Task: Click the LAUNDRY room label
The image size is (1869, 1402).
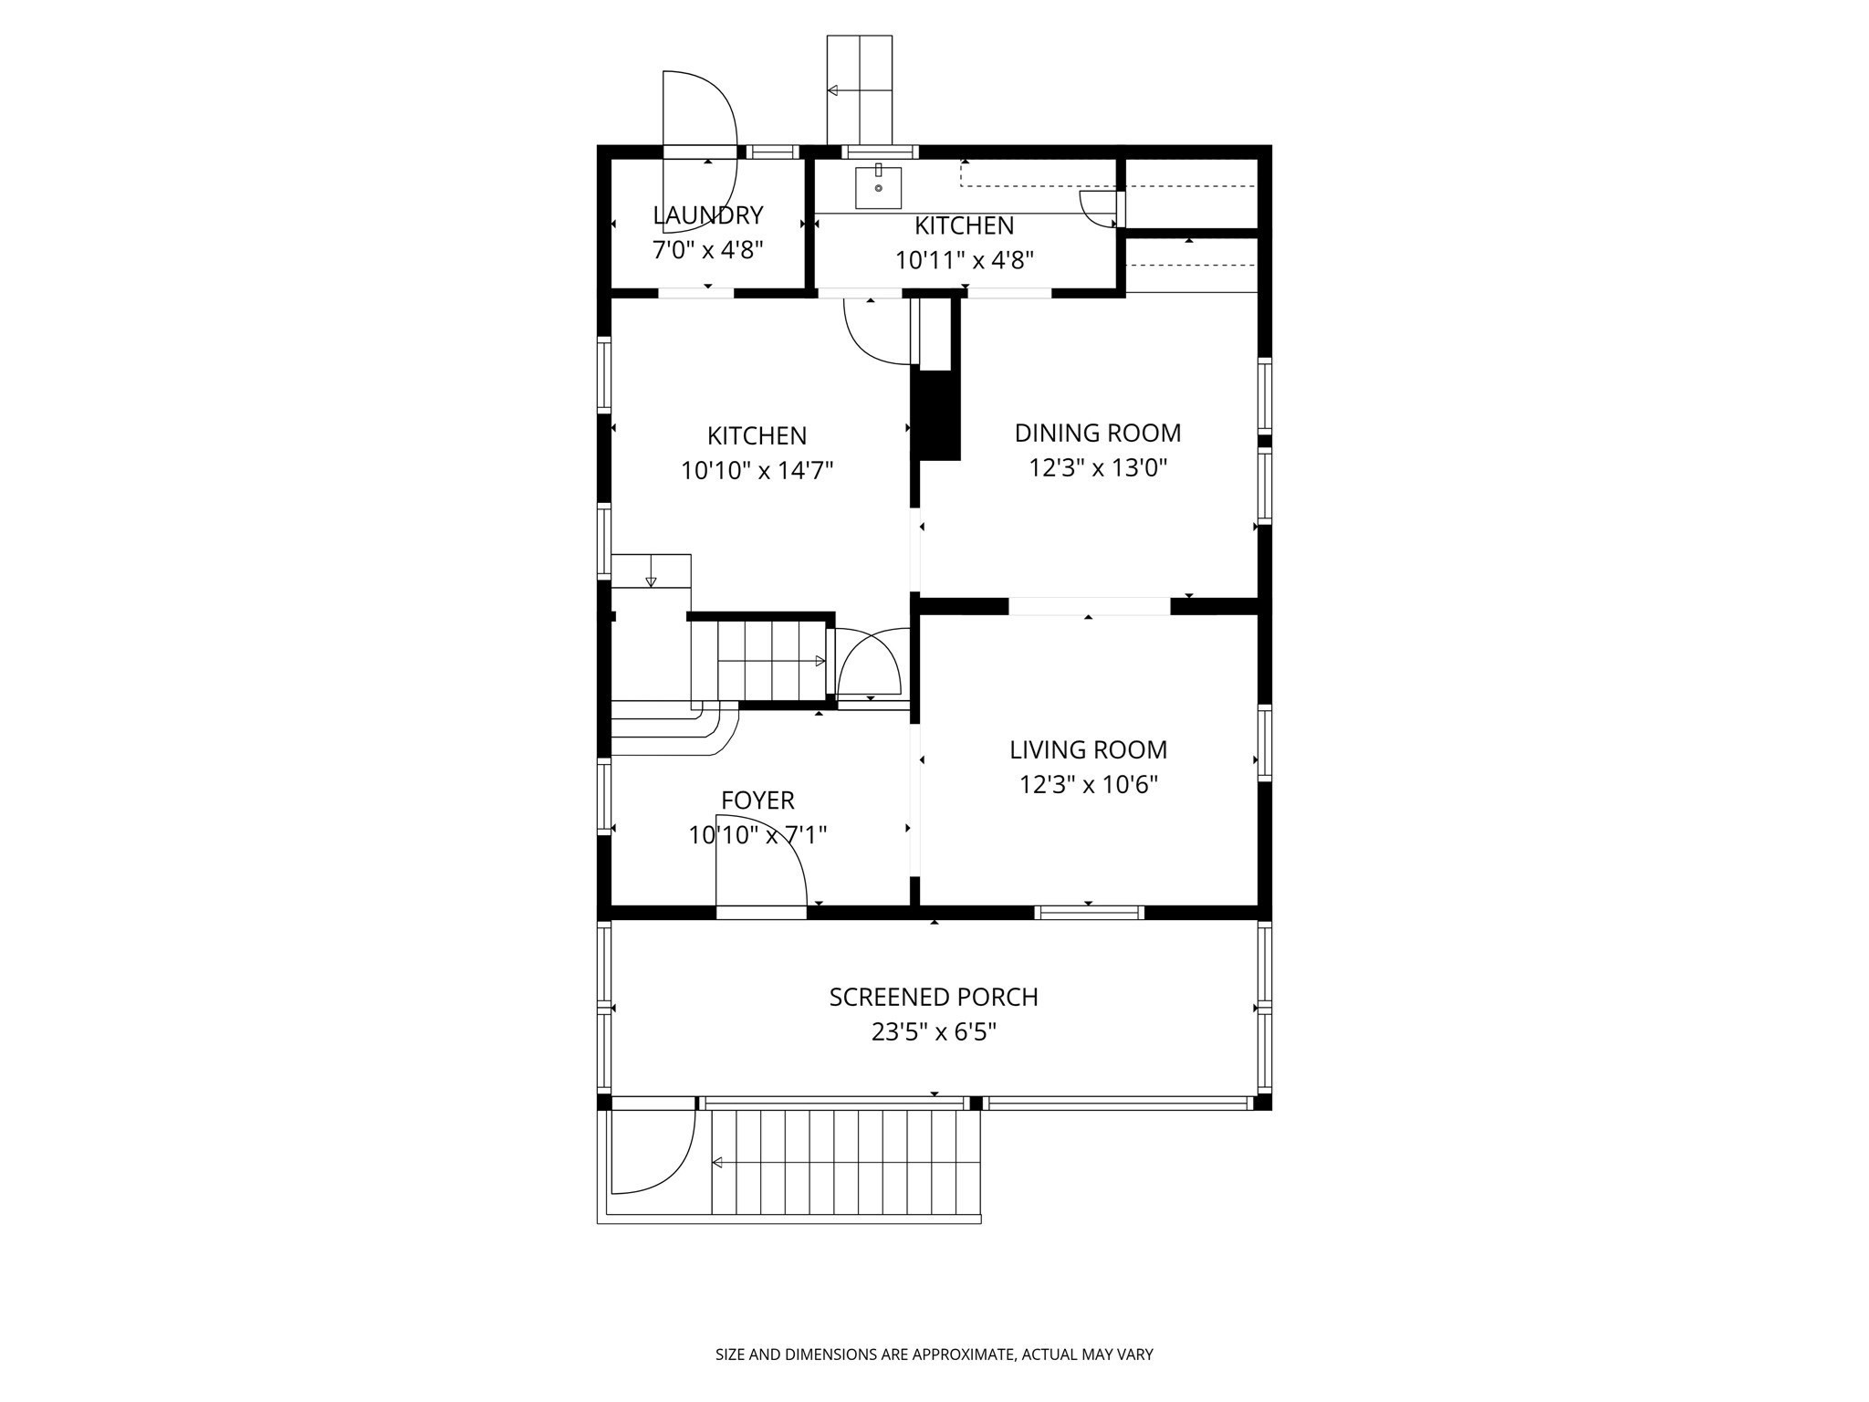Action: [707, 215]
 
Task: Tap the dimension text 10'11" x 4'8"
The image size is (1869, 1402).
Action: [964, 261]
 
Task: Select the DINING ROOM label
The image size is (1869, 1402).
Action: [1097, 433]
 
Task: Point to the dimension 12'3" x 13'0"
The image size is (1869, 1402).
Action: [1097, 468]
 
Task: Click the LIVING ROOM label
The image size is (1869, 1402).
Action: [1088, 749]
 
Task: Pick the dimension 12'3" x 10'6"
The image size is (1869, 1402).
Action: [1088, 785]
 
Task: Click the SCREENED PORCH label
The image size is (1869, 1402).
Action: [933, 997]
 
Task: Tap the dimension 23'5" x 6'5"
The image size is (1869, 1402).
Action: [933, 1032]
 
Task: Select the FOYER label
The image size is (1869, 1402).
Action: [757, 800]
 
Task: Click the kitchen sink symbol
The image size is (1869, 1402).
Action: [878, 187]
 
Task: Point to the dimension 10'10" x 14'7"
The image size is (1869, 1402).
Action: [757, 471]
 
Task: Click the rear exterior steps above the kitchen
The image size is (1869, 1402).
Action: [859, 89]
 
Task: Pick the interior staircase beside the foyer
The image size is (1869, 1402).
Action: [771, 660]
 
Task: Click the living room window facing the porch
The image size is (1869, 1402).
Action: [1089, 911]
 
